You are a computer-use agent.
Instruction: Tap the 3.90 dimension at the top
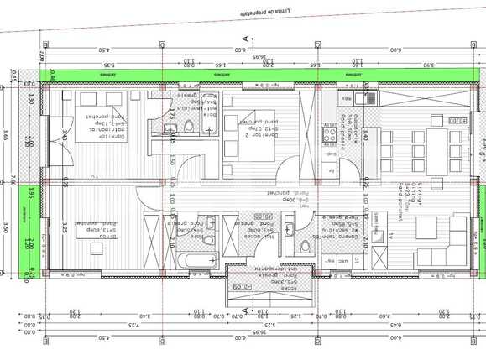[429, 65]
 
